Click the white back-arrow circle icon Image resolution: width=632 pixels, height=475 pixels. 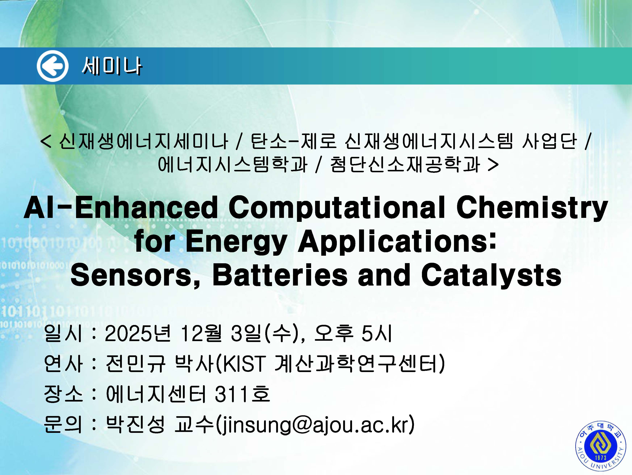pyautogui.click(x=53, y=66)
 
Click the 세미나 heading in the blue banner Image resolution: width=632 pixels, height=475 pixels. pyautogui.click(x=112, y=66)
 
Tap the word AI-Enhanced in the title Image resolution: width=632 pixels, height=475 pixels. pyautogui.click(x=121, y=208)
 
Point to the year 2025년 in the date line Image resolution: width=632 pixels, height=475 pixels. pyautogui.click(x=138, y=333)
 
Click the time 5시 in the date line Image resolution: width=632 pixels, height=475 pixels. pyautogui.click(x=376, y=333)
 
